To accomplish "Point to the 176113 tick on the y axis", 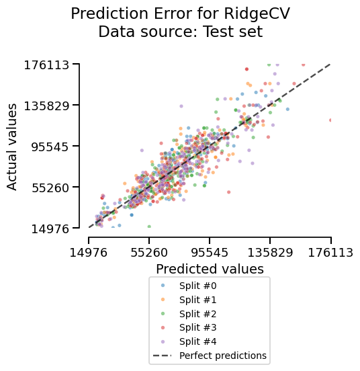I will pyautogui.click(x=44, y=65).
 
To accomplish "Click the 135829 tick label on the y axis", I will pyautogui.click(x=44, y=106).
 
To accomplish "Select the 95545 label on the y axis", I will pyautogui.click(x=47, y=147).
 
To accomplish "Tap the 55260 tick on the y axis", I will pyautogui.click(x=47, y=188).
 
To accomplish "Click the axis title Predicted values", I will pyautogui.click(x=210, y=269).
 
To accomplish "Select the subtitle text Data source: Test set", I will pyautogui.click(x=180, y=31).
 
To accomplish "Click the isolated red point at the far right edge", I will pyautogui.click(x=331, y=120).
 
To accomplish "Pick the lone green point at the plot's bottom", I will pyautogui.click(x=149, y=226).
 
